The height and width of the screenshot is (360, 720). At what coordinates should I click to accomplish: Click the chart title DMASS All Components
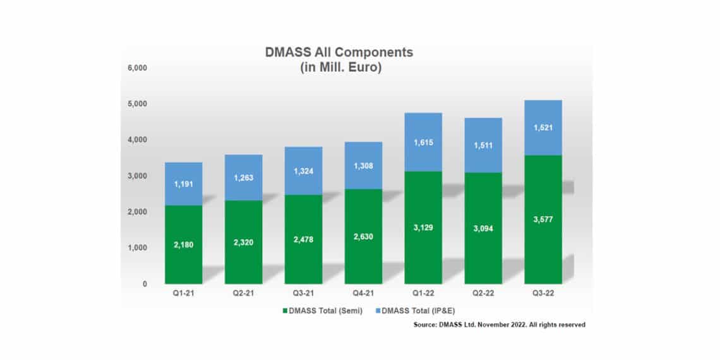[x=339, y=52]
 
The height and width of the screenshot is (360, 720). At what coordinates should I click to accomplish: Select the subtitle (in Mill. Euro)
[x=339, y=68]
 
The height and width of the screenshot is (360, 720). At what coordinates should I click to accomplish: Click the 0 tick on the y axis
[x=145, y=284]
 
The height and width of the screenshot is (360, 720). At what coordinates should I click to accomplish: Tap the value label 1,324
[x=303, y=172]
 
